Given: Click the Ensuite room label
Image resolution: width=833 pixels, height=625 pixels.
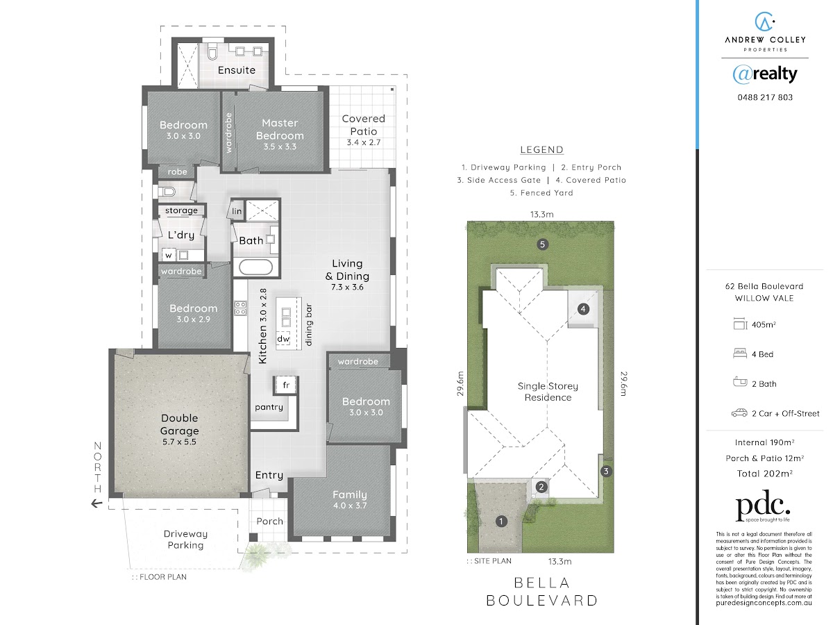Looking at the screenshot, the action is [x=237, y=70].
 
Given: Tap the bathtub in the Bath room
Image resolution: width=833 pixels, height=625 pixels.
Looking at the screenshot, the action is [x=255, y=267].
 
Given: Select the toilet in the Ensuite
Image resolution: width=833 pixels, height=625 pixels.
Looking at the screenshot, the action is [x=212, y=52].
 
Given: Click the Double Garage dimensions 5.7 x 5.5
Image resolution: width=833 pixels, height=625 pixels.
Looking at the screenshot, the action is [x=179, y=442].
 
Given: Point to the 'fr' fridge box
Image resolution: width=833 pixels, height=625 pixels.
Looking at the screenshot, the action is [x=286, y=385].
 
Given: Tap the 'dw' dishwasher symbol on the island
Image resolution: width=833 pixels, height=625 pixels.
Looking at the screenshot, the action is [x=283, y=339].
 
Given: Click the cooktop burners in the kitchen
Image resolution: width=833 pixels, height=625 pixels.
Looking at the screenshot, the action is [x=240, y=308].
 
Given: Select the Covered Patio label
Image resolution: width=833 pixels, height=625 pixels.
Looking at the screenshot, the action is [x=364, y=125].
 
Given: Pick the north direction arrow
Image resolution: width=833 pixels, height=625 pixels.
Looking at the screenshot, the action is [x=96, y=504].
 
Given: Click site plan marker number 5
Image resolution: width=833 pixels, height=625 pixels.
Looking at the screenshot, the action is [x=542, y=244].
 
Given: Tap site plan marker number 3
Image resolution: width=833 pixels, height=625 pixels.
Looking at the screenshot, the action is [x=606, y=472].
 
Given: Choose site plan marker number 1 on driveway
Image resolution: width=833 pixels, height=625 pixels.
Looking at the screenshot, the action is [x=501, y=522].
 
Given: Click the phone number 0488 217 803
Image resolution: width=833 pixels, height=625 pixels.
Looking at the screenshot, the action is [x=765, y=97].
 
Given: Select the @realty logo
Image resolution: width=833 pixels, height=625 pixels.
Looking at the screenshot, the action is [x=765, y=74].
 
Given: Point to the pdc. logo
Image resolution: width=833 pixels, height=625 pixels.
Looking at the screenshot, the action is [x=763, y=506].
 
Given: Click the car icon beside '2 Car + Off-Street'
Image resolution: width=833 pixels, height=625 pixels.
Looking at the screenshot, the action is [x=739, y=413].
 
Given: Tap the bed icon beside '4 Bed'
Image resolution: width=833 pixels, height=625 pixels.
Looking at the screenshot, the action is [x=740, y=353].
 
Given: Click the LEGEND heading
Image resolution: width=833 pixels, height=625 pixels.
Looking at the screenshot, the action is [x=542, y=150].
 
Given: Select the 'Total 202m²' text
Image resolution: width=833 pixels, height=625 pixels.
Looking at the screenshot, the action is [x=765, y=474].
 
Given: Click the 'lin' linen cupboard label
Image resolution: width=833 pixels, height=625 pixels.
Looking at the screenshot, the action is [x=237, y=211].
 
